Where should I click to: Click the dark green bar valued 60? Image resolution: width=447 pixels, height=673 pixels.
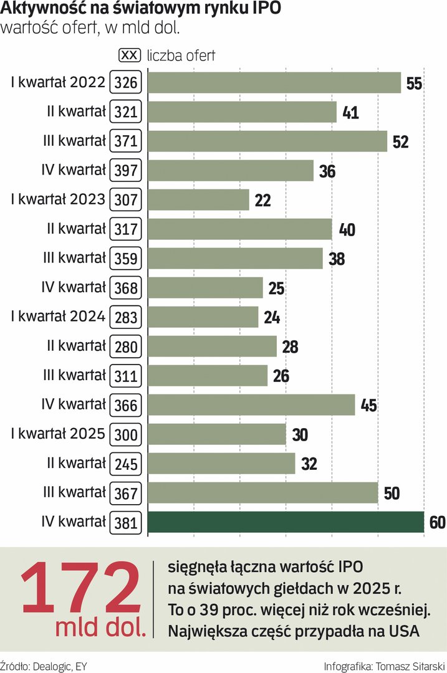(x=286, y=522)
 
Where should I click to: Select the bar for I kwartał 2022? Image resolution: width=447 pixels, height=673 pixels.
(x=274, y=83)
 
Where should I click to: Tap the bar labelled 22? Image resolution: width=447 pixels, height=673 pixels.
(x=198, y=200)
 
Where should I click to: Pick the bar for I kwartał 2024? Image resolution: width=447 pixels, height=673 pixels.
(x=203, y=317)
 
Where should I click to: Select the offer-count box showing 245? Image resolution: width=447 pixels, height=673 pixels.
(x=126, y=464)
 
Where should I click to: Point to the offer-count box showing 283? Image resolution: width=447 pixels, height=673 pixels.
(x=126, y=317)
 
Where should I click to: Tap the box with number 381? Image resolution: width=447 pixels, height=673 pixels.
(x=126, y=522)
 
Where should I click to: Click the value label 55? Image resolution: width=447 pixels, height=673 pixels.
(x=414, y=84)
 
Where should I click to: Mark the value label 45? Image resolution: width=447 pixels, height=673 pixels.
(x=368, y=406)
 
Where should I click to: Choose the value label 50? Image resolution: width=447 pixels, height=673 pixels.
(x=392, y=494)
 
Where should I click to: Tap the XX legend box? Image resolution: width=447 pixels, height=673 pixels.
(x=129, y=55)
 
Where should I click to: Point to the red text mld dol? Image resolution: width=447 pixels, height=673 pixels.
(x=100, y=628)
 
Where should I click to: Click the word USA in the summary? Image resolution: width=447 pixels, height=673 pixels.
(x=403, y=631)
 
